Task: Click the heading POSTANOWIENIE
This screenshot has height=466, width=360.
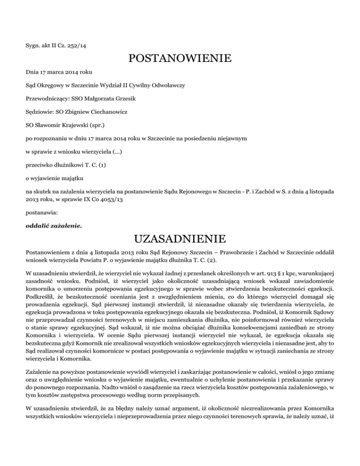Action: click(x=180, y=59)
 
